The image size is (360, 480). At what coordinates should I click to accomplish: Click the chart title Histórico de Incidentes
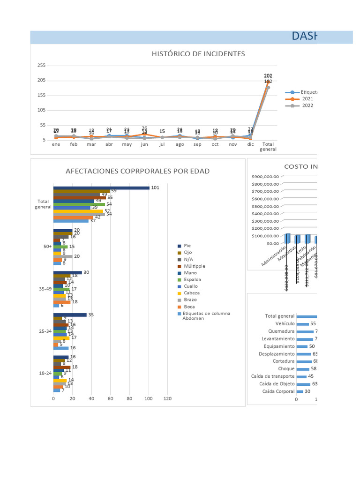(x=198, y=54)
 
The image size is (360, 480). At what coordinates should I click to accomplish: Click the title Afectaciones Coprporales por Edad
(x=137, y=171)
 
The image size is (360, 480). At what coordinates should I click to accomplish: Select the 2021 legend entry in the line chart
(x=307, y=99)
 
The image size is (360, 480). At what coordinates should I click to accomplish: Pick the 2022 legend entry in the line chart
(x=307, y=105)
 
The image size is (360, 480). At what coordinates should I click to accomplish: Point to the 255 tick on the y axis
(x=41, y=66)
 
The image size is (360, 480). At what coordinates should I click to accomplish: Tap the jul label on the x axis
(x=162, y=144)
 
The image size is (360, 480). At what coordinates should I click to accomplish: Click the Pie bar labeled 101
(x=101, y=188)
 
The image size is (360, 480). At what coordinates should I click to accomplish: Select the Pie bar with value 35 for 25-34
(x=70, y=315)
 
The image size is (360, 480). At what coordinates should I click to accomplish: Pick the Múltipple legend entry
(x=195, y=266)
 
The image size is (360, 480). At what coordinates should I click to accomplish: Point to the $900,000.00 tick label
(x=265, y=177)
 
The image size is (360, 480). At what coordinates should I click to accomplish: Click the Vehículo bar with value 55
(x=303, y=324)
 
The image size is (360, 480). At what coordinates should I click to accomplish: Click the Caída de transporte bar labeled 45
(x=301, y=376)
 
